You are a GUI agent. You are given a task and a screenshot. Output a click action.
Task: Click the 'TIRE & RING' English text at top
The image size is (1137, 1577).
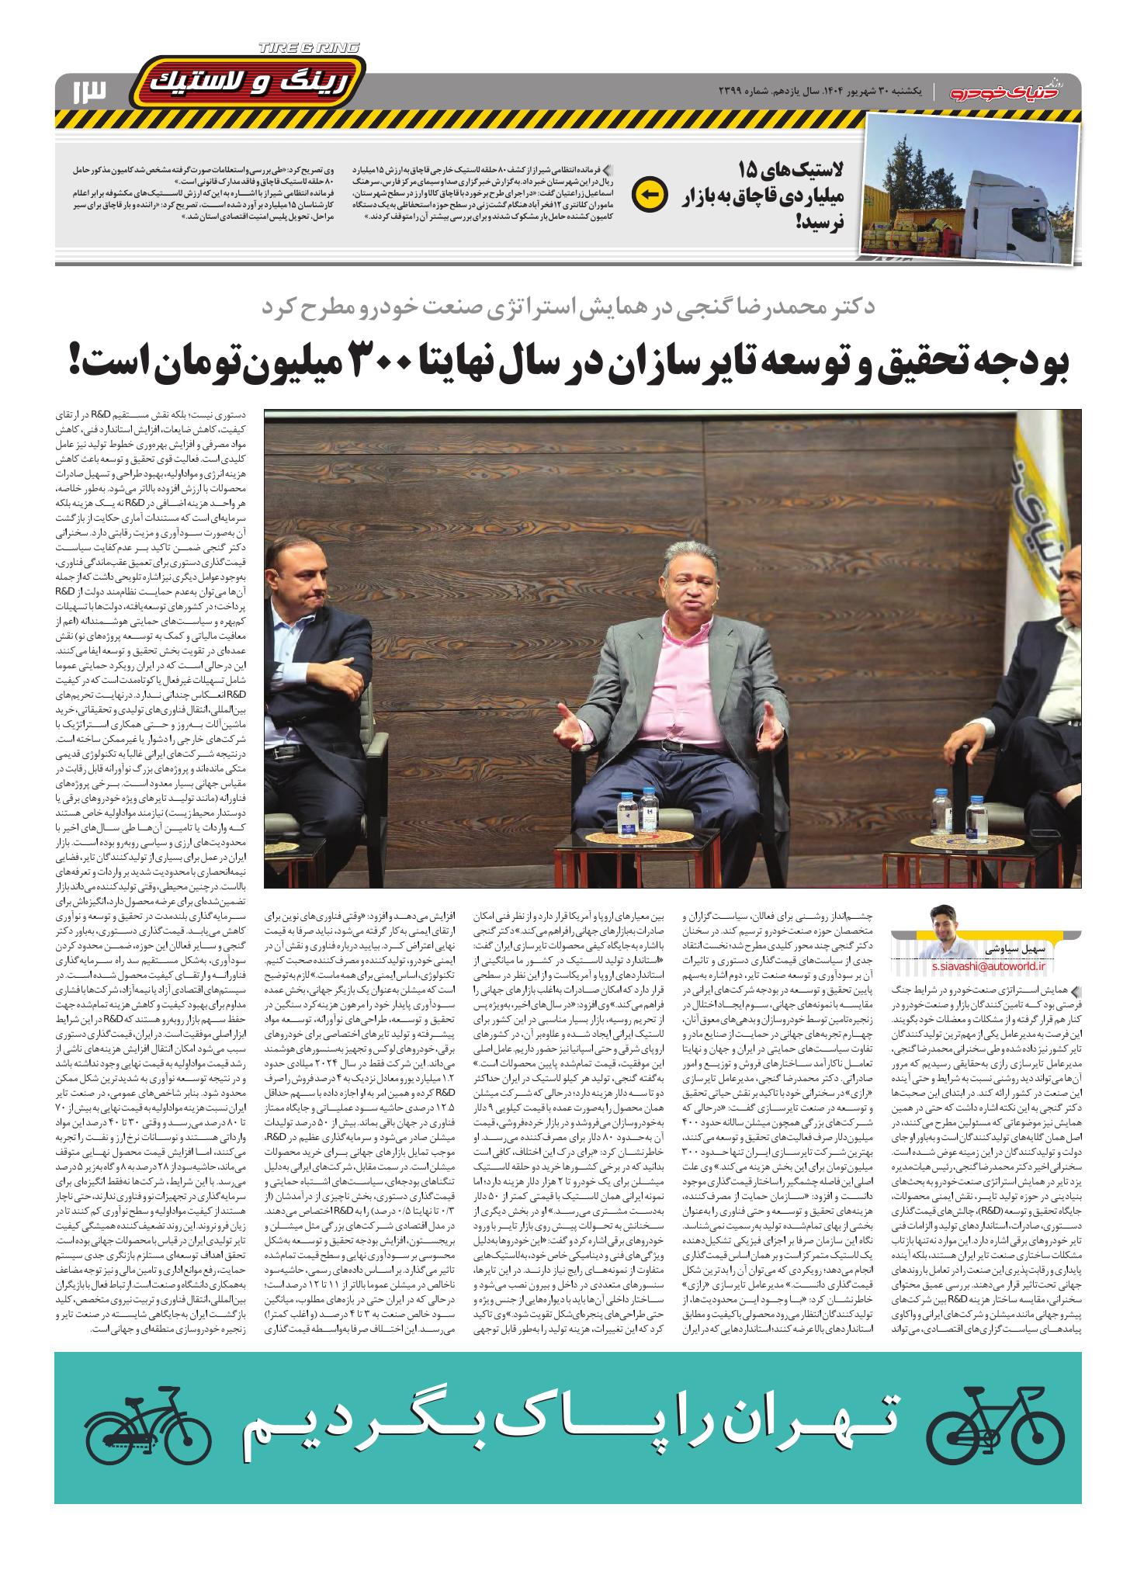tap(309, 48)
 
